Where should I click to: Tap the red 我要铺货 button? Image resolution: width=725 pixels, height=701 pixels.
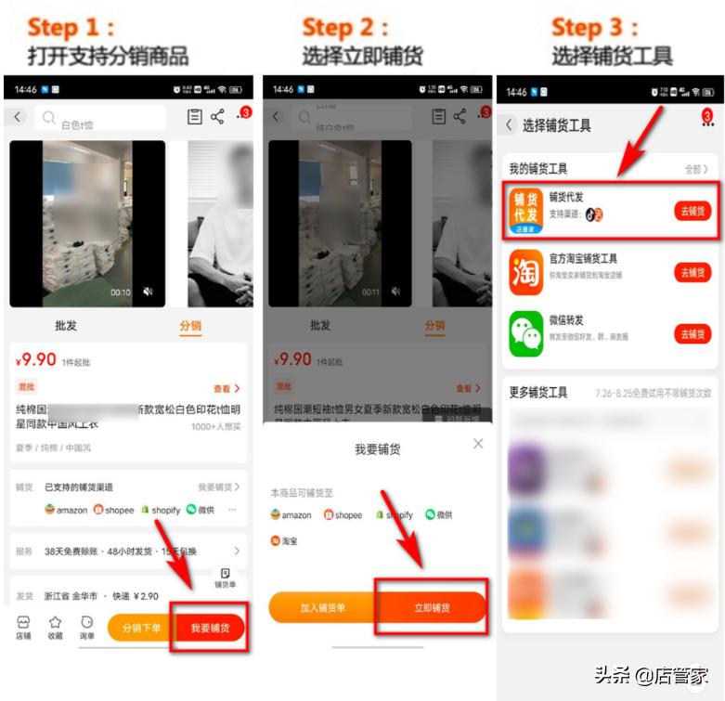[211, 629]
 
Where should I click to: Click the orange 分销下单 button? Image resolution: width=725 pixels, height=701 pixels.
[140, 629]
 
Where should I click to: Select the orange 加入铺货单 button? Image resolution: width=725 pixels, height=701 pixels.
[322, 607]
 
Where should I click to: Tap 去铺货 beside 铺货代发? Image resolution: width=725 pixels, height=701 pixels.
[692, 211]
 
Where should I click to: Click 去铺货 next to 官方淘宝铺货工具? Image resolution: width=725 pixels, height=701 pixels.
[692, 272]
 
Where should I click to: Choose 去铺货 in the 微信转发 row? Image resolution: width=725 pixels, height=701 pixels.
[692, 334]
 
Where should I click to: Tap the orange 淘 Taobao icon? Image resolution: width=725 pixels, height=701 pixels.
[526, 272]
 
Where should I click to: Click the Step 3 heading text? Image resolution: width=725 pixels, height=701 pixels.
[594, 26]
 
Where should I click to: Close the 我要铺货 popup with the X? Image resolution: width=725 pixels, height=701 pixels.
[478, 444]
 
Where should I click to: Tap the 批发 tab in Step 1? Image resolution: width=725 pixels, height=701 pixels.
[67, 326]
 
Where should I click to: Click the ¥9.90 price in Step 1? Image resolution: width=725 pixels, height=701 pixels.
[37, 360]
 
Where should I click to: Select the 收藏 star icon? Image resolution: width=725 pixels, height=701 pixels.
[55, 628]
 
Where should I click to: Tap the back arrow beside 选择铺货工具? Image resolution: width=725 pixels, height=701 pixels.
[509, 124]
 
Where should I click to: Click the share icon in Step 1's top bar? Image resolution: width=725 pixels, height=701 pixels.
[217, 117]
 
